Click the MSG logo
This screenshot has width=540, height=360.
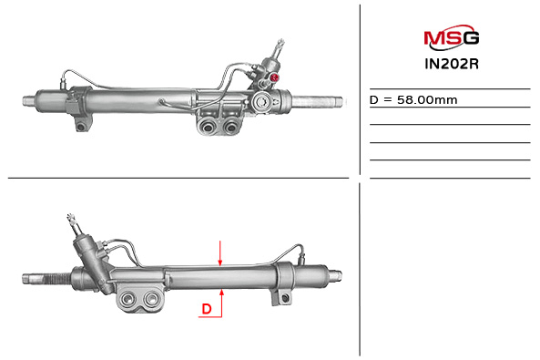[451, 36]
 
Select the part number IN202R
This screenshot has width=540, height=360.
[452, 64]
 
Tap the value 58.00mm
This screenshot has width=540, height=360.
[427, 100]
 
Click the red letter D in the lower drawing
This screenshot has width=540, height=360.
[207, 309]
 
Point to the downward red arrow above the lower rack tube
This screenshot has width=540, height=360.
[220, 253]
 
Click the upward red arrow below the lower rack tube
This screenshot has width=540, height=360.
[222, 303]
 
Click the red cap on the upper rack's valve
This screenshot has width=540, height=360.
[275, 77]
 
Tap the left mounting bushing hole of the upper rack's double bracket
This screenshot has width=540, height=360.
[208, 127]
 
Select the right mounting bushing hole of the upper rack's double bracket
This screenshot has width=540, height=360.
[229, 127]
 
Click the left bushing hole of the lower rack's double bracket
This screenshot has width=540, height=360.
[128, 298]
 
